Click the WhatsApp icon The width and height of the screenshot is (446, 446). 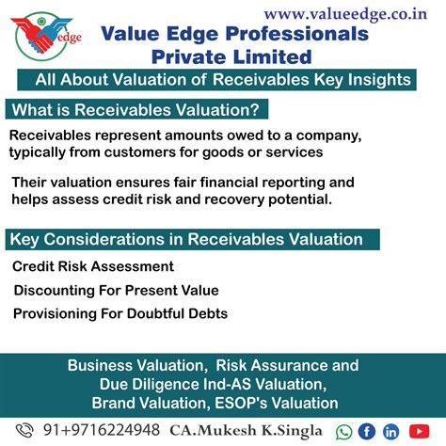[x=344, y=432]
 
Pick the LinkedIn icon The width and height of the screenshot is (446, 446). [x=390, y=432]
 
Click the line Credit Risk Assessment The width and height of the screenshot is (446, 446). [x=93, y=266]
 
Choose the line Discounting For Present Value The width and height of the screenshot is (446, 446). [x=115, y=290]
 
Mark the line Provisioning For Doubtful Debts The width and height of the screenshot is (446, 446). [x=119, y=313]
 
